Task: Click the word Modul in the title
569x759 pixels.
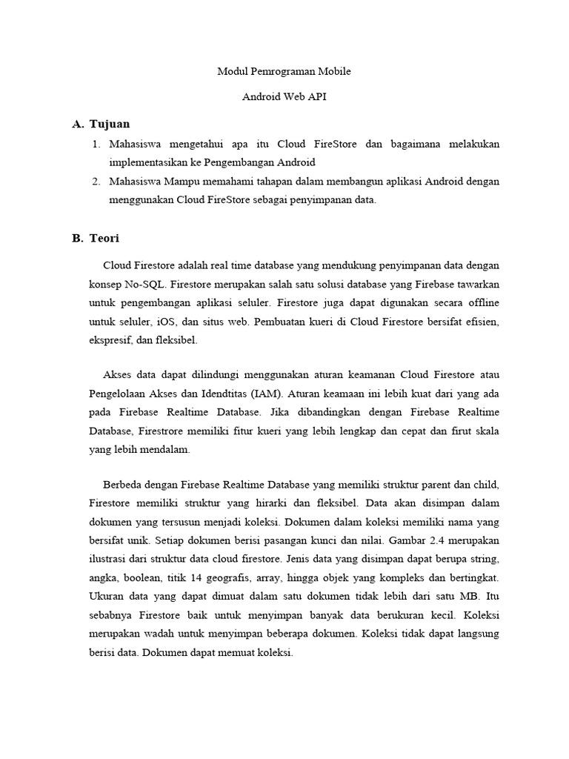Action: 230,72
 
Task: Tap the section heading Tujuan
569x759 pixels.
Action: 109,124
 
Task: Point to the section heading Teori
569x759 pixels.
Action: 104,238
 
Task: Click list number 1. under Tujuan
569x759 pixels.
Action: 96,143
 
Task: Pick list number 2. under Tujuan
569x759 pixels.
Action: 96,182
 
